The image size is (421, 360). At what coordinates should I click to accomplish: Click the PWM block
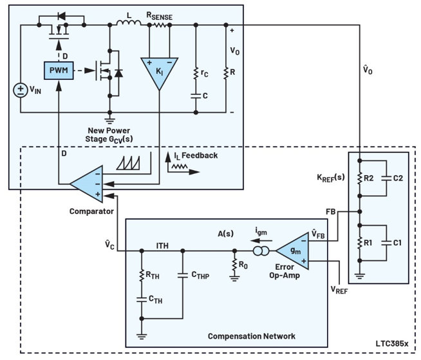click(59, 71)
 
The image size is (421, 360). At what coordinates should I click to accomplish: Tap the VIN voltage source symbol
click(21, 90)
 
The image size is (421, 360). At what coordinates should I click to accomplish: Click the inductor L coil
click(129, 23)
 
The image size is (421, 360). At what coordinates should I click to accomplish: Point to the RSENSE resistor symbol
click(160, 25)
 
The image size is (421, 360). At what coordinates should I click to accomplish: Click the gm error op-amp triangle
click(292, 251)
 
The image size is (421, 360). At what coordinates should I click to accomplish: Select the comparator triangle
click(86, 184)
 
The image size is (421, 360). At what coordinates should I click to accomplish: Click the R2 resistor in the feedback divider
click(360, 178)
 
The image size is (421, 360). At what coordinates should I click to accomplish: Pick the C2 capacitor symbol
click(386, 178)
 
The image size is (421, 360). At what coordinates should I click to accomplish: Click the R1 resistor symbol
click(360, 243)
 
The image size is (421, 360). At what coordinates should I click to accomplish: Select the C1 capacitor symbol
click(386, 243)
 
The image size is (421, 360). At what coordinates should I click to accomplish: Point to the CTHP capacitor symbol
click(183, 275)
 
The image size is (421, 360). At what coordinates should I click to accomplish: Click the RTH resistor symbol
click(142, 275)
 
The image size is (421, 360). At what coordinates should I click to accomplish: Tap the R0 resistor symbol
click(234, 265)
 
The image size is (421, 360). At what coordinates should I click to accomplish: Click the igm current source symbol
click(261, 251)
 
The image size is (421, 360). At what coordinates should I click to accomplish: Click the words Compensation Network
click(252, 336)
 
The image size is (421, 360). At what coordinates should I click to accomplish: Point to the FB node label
click(331, 212)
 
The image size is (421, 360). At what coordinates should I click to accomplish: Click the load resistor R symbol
click(226, 73)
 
